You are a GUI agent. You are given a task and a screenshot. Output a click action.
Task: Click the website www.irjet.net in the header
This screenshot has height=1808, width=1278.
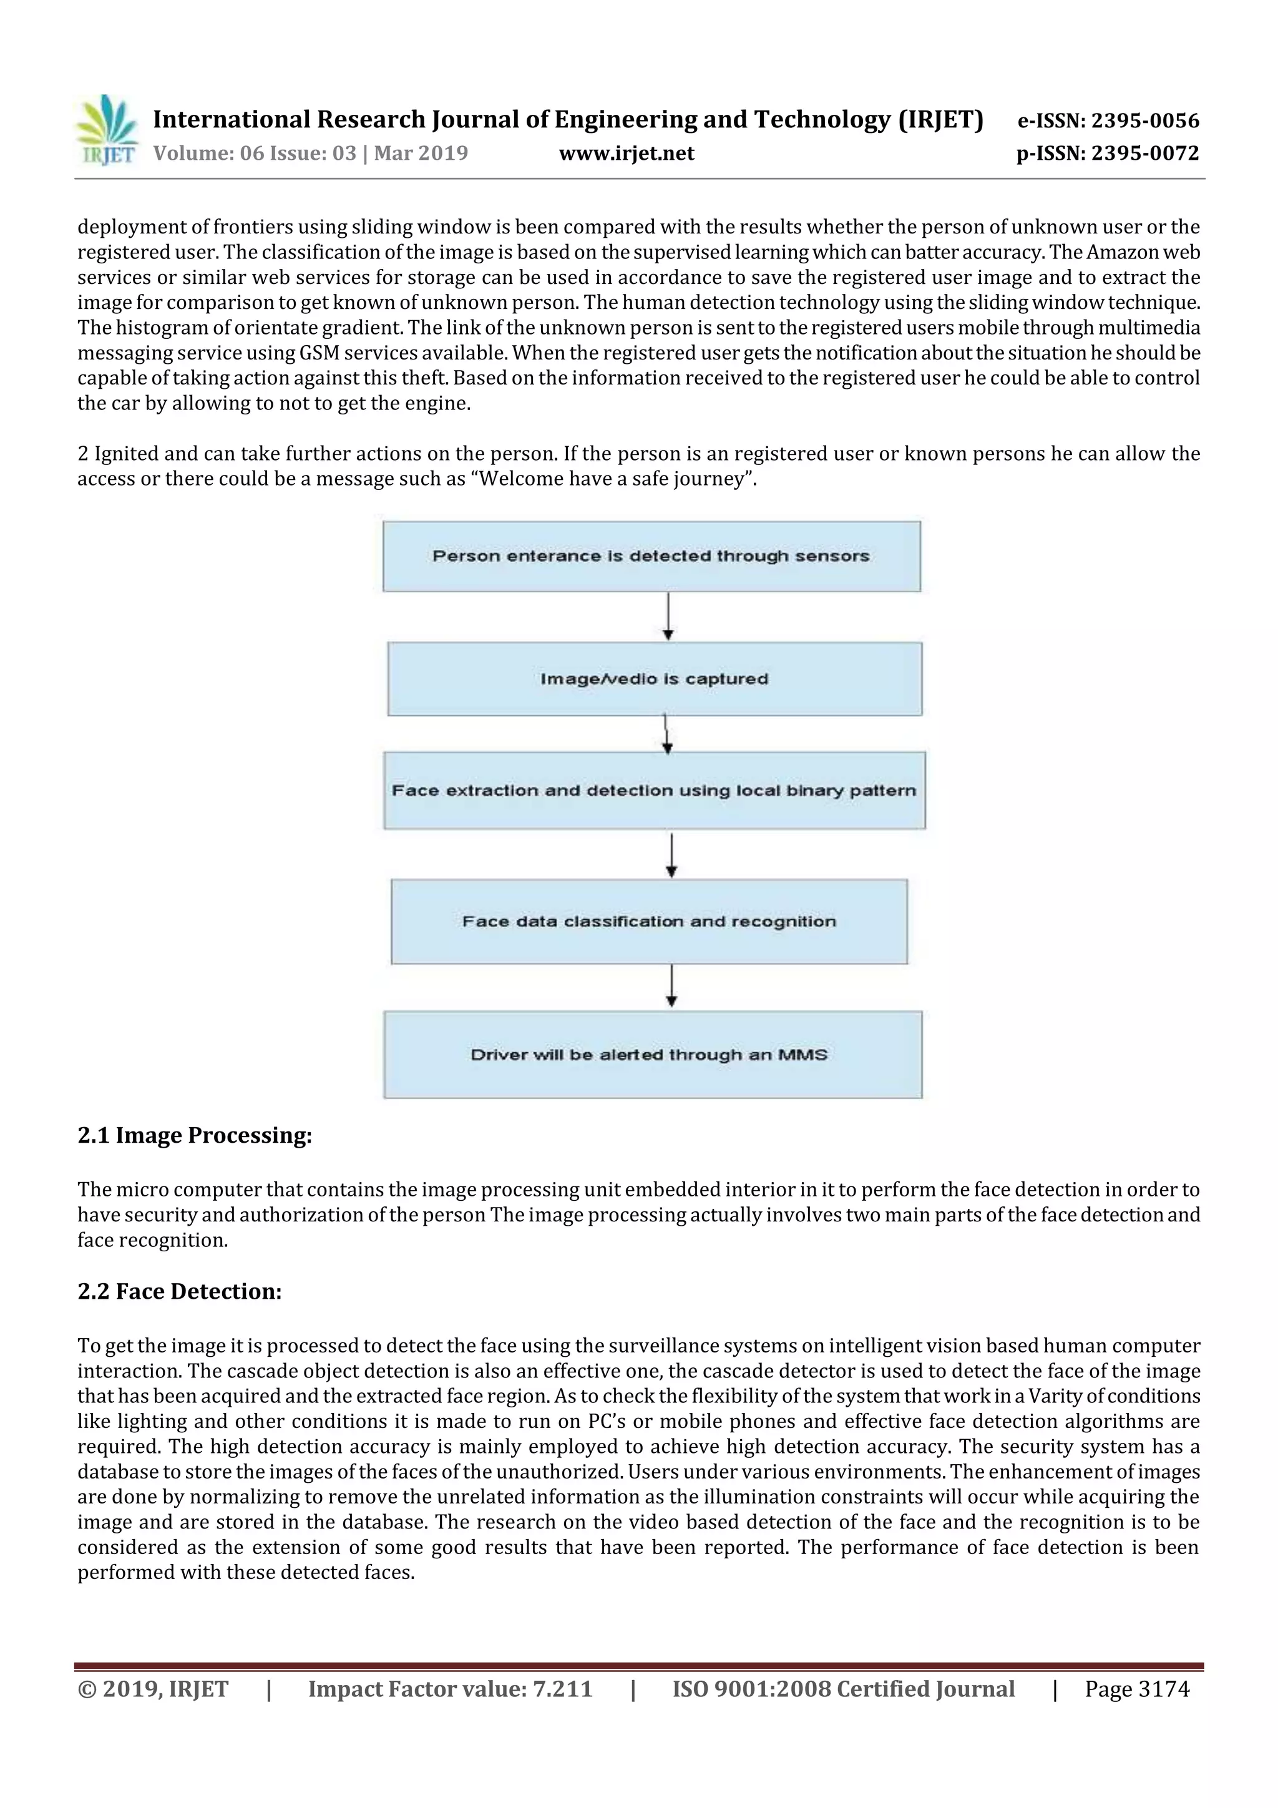(626, 154)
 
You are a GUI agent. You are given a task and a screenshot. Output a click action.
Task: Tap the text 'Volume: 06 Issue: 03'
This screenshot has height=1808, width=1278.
(255, 154)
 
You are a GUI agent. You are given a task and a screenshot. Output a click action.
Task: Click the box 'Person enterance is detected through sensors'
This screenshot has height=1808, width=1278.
(651, 556)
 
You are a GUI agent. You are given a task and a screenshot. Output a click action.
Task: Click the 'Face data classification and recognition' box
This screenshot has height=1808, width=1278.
(649, 921)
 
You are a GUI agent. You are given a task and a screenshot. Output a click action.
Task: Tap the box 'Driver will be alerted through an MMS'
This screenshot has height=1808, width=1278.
(652, 1054)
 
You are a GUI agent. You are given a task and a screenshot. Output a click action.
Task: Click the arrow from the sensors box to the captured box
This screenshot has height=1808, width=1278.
(668, 617)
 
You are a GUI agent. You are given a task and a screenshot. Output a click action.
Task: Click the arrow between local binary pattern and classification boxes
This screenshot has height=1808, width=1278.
(671, 854)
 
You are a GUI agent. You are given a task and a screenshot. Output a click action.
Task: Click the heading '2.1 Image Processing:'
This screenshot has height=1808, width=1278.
(195, 1135)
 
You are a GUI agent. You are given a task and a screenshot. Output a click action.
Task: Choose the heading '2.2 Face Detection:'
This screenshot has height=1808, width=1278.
(180, 1291)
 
